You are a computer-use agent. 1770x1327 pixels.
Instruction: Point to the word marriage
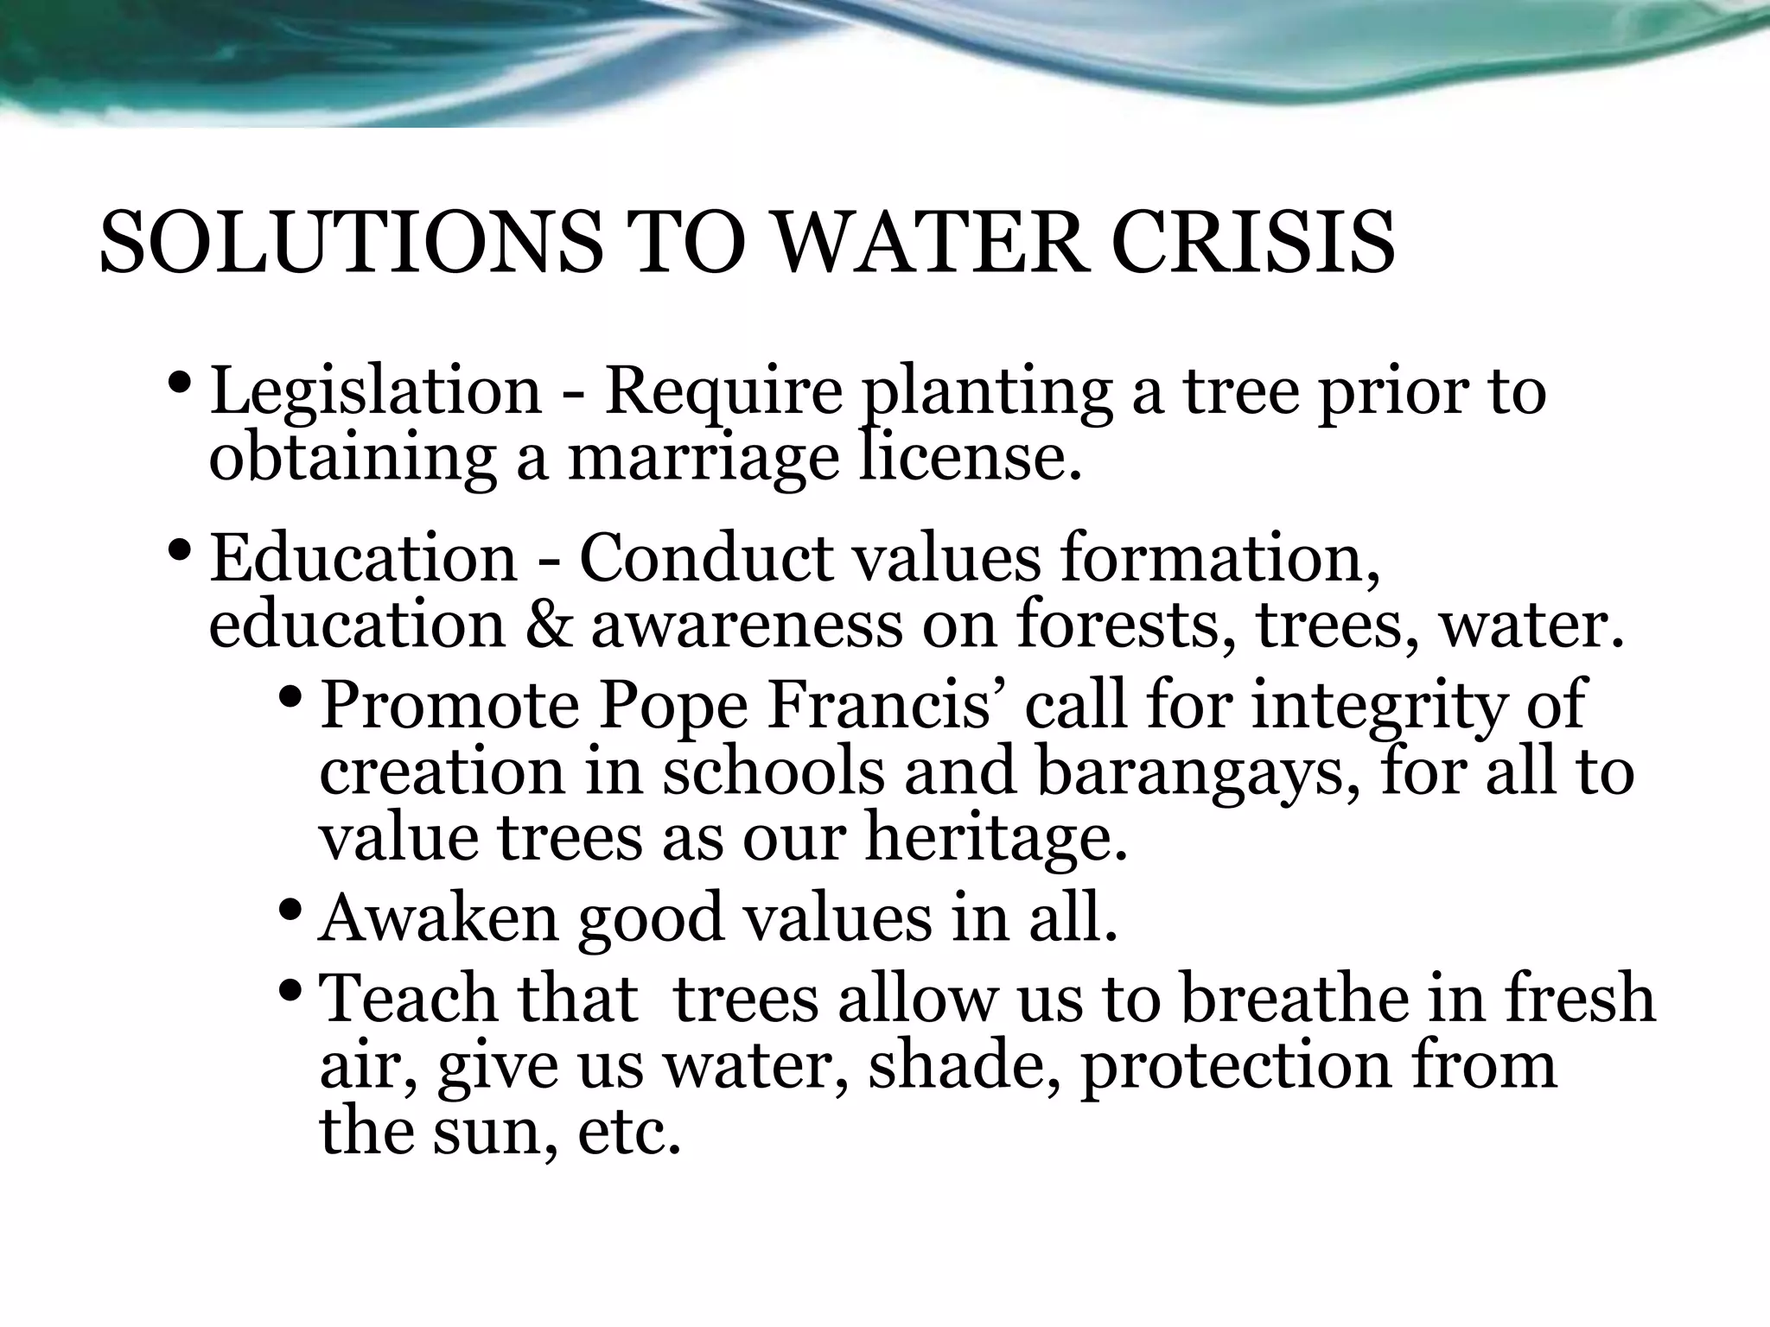point(704,458)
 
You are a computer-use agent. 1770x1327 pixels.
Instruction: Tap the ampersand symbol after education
point(548,625)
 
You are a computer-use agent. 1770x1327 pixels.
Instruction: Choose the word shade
point(964,1066)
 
